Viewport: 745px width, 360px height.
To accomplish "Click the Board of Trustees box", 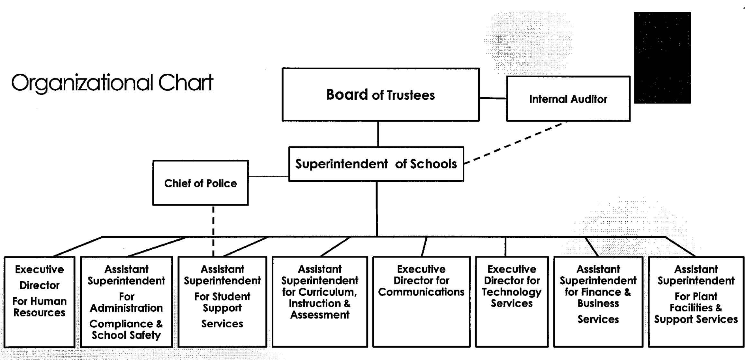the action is [x=381, y=95].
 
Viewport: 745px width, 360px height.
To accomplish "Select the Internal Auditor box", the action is [x=568, y=98].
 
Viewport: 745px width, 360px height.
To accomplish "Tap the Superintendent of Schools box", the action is [x=376, y=164].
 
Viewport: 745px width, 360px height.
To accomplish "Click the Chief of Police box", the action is [x=201, y=183].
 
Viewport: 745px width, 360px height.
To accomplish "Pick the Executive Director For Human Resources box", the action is [x=40, y=302].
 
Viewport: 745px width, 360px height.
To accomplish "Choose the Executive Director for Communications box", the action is [x=421, y=302].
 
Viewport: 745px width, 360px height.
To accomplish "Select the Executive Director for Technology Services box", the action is [x=512, y=302].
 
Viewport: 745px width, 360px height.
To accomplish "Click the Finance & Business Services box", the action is [x=598, y=302].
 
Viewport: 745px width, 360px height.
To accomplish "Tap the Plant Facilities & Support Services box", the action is [x=696, y=302].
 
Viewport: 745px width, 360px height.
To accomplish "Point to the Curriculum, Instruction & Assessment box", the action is [x=320, y=302].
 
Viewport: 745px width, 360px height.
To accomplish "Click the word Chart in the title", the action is [x=186, y=83].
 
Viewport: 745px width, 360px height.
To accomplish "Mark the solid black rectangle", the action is [x=662, y=58].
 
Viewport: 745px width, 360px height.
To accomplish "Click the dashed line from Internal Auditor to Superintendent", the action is [x=516, y=143].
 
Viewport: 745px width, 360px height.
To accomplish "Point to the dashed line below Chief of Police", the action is [x=213, y=231].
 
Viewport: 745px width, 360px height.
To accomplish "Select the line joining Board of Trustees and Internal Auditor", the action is [x=493, y=98].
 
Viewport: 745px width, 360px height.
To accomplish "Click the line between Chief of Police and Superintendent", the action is [x=268, y=176].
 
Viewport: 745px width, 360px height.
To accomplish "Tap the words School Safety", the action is [x=126, y=335].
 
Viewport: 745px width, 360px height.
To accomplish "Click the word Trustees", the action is [x=411, y=95].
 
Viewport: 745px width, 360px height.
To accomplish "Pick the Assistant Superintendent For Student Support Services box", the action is [x=222, y=302].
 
